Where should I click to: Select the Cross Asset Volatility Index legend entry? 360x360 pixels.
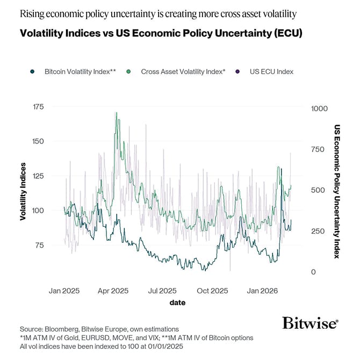[x=177, y=71]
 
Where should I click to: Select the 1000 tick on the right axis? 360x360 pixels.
[x=319, y=108]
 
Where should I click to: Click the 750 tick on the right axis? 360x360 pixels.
[x=318, y=149]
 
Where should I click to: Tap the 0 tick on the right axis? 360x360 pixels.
[x=314, y=272]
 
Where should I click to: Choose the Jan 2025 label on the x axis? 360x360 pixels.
[x=64, y=291]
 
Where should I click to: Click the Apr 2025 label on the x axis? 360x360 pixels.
[x=113, y=291]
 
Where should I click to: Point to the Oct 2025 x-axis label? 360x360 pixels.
[x=212, y=291]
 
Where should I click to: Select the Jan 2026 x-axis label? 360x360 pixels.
[x=262, y=291]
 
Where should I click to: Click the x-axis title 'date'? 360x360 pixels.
[x=177, y=303]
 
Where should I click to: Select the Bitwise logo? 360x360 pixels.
[x=310, y=323]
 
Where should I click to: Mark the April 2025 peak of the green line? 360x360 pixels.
[x=116, y=113]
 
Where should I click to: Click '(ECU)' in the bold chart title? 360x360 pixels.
[x=285, y=33]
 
